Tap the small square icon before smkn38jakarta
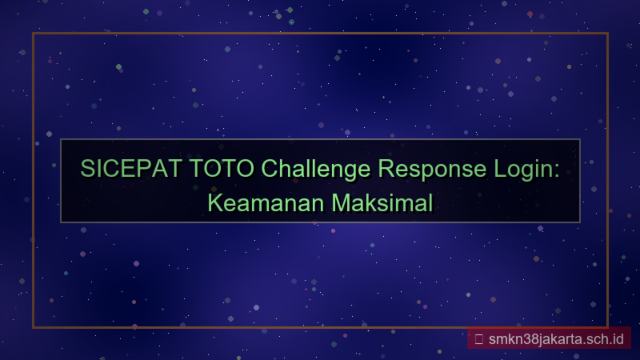[x=478, y=338]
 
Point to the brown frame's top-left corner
[x=33, y=34]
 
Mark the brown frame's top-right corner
[x=608, y=34]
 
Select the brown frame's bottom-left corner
[x=33, y=327]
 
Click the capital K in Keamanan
[x=214, y=202]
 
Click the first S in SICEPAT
[x=88, y=170]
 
